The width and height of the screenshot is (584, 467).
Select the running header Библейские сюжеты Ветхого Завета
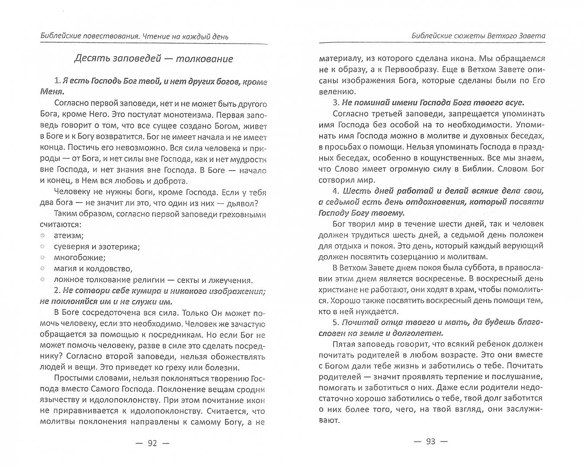pyautogui.click(x=478, y=36)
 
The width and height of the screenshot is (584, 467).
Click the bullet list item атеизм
pyautogui.click(x=68, y=235)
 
